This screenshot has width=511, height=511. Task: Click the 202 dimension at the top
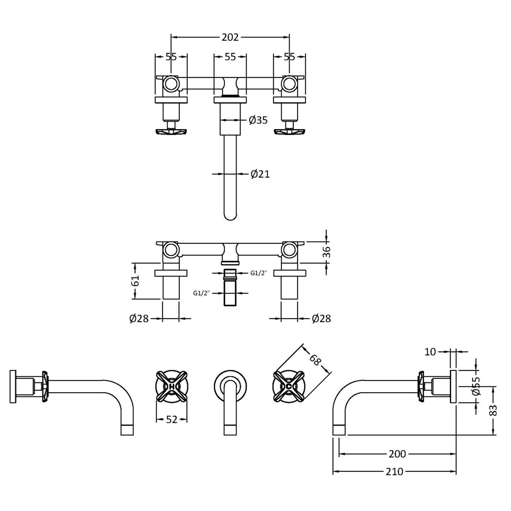(230, 37)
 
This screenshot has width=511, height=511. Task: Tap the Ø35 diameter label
(258, 120)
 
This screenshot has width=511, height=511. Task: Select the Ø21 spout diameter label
(260, 173)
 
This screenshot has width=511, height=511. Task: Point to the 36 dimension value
(327, 251)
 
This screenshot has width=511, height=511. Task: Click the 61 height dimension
(135, 281)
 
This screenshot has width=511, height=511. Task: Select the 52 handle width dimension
(171, 419)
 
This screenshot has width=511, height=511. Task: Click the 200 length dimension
(397, 454)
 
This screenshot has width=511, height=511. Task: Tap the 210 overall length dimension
(394, 471)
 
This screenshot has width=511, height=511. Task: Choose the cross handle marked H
(172, 386)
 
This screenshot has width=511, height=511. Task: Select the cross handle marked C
(289, 386)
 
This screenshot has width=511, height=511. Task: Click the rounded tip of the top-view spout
(230, 216)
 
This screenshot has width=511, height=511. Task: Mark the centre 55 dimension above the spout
(230, 57)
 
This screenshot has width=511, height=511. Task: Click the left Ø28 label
(139, 319)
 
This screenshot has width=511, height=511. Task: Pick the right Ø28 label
(321, 319)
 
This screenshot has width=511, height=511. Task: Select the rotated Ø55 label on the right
(476, 386)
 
